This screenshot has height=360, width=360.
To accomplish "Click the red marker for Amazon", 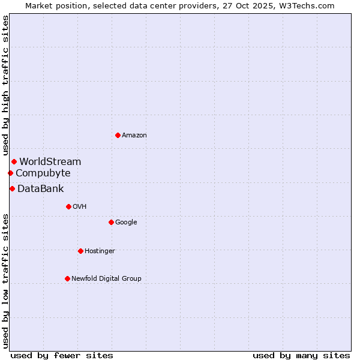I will (x=118, y=135).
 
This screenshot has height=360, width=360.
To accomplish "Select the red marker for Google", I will (x=111, y=222).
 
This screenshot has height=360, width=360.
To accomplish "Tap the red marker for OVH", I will (x=68, y=206).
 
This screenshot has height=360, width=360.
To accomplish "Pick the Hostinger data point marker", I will (x=80, y=251).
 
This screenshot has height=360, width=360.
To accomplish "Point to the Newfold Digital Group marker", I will (x=67, y=278).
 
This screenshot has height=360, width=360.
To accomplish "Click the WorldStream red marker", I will (x=14, y=161).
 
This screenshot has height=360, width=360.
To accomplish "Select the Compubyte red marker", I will (x=10, y=173).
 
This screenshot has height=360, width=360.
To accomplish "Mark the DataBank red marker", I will (x=12, y=188).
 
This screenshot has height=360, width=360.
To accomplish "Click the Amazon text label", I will (x=134, y=136).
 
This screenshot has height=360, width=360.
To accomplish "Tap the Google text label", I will (x=126, y=223).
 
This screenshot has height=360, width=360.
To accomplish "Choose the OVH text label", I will (x=80, y=207).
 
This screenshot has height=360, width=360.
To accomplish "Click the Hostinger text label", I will (x=100, y=251).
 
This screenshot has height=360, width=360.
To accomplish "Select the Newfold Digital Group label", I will (x=106, y=279).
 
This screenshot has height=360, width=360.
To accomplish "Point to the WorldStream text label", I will (x=50, y=162).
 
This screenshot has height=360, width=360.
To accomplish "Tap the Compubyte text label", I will (x=43, y=173).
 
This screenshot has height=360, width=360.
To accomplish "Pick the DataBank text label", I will (x=41, y=189).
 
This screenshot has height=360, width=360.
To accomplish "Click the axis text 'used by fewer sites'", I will (x=62, y=355).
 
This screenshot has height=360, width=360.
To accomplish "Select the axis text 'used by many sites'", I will (x=301, y=355).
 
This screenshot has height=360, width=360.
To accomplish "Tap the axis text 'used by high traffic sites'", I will (x=6, y=86).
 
